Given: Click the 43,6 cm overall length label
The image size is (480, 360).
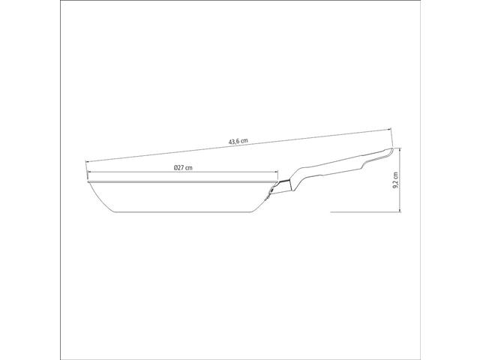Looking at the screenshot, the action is [238, 141].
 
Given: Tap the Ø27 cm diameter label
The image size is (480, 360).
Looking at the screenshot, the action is [183, 167].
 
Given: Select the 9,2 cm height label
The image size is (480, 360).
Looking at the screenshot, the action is [396, 180].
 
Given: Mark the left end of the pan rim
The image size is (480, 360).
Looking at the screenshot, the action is [88, 182].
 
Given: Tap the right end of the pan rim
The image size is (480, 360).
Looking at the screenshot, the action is [277, 182].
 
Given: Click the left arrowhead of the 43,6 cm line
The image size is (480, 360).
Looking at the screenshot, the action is [87, 162].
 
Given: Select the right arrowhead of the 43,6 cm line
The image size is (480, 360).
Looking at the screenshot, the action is [390, 129].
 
